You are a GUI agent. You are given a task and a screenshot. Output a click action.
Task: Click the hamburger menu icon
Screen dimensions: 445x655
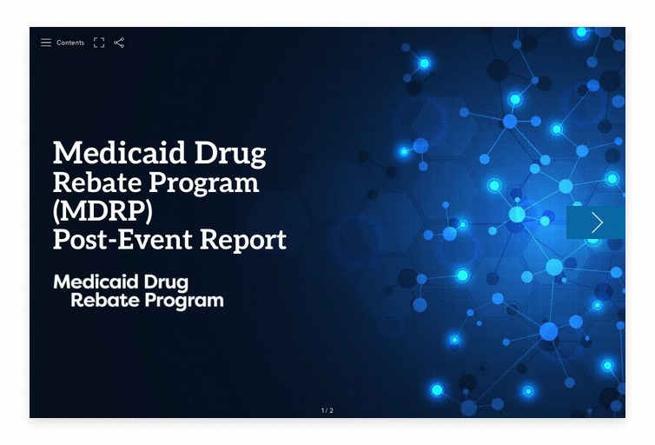(x=46, y=43)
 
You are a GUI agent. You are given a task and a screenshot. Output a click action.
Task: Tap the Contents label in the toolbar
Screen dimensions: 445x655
(x=70, y=43)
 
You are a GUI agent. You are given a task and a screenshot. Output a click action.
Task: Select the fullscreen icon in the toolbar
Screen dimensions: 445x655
(x=99, y=43)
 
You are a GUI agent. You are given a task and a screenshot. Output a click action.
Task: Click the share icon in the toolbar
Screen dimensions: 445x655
(x=119, y=43)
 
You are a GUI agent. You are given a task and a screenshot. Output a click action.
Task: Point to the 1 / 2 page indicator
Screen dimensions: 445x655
(x=327, y=410)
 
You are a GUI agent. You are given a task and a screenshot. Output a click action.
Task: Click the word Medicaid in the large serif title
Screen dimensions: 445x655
(x=116, y=153)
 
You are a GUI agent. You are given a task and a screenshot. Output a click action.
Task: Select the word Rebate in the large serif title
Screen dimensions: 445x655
(x=96, y=183)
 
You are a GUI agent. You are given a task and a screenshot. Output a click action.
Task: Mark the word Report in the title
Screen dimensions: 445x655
(x=245, y=240)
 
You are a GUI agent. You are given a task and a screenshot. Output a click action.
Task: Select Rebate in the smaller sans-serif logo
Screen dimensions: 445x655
(x=100, y=301)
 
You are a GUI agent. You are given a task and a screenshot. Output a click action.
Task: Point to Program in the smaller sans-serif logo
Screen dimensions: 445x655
(x=179, y=302)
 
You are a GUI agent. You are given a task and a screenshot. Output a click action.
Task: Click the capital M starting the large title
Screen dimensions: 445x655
(x=66, y=153)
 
